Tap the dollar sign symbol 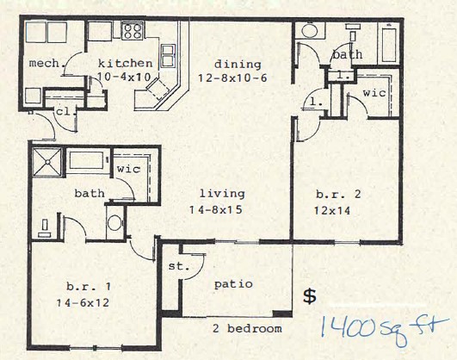point(310,295)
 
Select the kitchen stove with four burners point(132,33)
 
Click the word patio point(233,283)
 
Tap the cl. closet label point(63,111)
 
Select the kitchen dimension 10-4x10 point(125,78)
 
